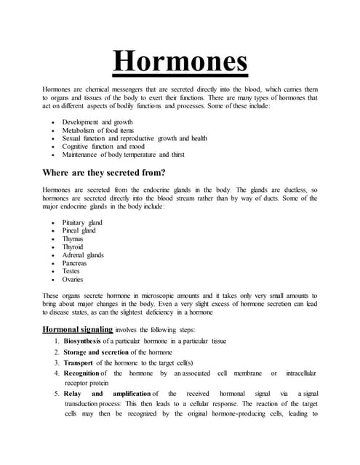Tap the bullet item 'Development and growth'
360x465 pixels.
tap(97, 122)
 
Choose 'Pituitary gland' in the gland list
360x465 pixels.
tap(82, 223)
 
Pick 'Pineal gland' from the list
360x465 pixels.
tap(79, 231)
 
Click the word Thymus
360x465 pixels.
tap(73, 239)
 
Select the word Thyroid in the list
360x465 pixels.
tap(73, 247)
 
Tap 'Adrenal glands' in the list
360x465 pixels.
tap(83, 255)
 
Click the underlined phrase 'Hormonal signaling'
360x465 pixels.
tap(77, 329)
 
